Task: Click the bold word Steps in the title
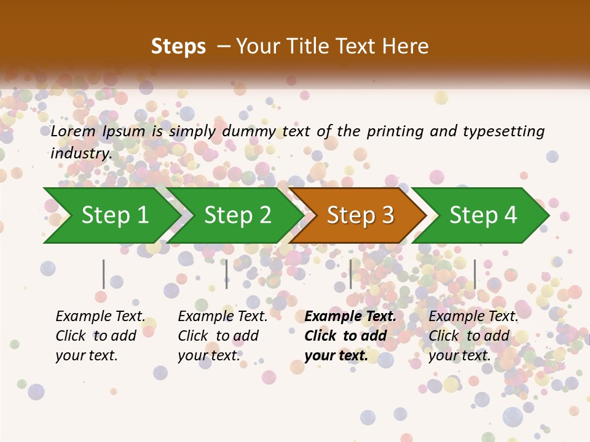click(x=178, y=47)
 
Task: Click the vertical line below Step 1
click(x=104, y=274)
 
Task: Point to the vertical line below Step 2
click(x=227, y=274)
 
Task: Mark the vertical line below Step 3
click(x=351, y=274)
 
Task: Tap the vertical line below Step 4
click(x=475, y=274)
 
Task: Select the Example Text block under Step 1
click(x=100, y=336)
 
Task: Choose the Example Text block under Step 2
click(x=222, y=336)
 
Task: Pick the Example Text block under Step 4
click(x=473, y=336)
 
